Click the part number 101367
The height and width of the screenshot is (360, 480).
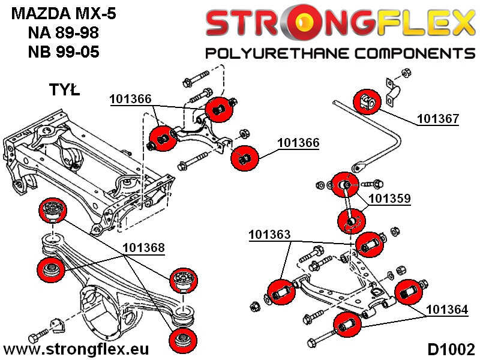point(438,118)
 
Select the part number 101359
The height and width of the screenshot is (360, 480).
point(389,197)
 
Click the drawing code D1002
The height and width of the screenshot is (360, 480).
point(451,349)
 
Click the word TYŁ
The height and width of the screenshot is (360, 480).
point(63,91)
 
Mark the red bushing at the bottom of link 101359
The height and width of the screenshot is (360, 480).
point(355,220)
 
